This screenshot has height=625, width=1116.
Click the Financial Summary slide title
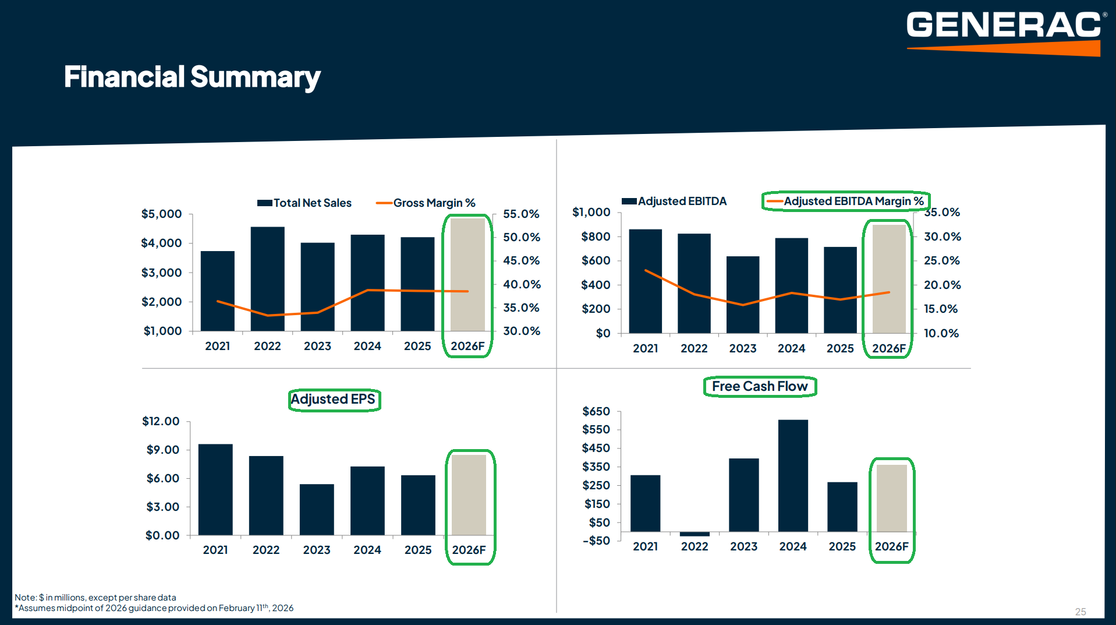coord(192,77)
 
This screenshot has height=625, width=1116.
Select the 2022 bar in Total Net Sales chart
coord(268,278)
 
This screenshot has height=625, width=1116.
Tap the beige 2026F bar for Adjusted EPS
coord(469,495)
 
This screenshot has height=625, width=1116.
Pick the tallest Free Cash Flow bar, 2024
coord(793,475)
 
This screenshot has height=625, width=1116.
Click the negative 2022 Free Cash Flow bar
coord(695,534)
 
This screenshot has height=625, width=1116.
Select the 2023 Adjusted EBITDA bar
coord(743,295)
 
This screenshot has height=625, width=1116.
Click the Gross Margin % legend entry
coord(426,203)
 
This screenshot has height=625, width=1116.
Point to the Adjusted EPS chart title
coord(334,400)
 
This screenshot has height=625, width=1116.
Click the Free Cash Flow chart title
coord(760,387)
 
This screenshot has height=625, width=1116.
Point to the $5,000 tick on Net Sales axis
coord(162,214)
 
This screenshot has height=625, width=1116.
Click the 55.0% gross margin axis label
coord(522,214)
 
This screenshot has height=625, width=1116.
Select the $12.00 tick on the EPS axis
coord(161,422)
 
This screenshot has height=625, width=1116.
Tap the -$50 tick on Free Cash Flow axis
coord(597,541)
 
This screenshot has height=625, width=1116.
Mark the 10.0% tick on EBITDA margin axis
coord(941,334)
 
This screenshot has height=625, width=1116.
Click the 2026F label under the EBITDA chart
coord(889,349)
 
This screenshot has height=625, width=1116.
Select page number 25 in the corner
coord(1080,612)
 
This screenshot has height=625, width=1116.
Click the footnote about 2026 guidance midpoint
coord(154,608)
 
